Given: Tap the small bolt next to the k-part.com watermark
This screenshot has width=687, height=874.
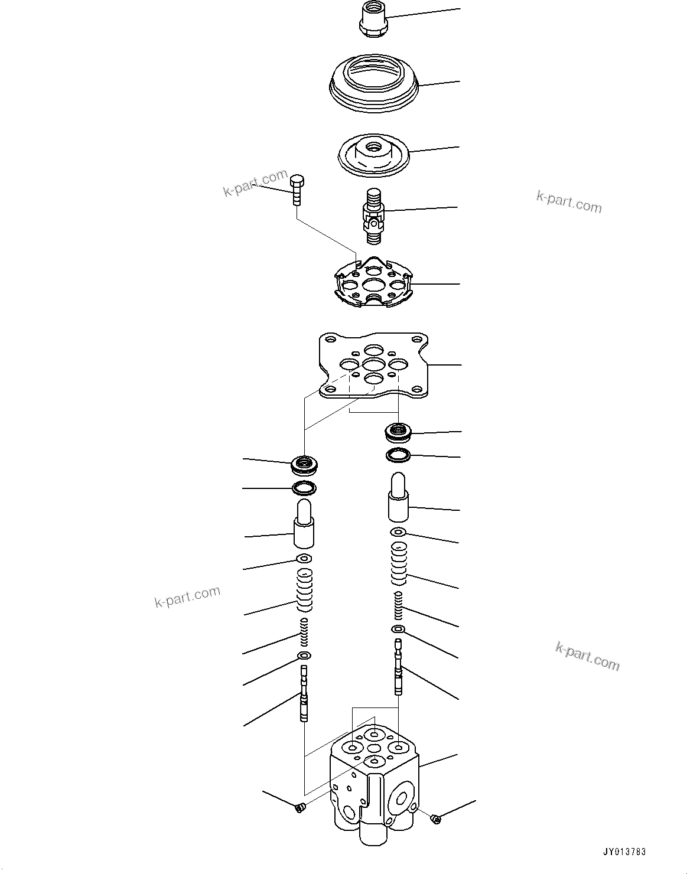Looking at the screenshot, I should [297, 188].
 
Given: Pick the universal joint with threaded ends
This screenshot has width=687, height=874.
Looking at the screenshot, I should [373, 215].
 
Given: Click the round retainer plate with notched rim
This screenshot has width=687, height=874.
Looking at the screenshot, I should [373, 283].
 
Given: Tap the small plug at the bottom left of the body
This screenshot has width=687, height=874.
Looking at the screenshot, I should [299, 807].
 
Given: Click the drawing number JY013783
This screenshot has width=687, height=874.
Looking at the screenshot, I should [624, 852].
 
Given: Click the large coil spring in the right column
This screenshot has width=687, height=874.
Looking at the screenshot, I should [399, 562].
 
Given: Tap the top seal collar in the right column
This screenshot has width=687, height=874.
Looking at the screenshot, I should [399, 432].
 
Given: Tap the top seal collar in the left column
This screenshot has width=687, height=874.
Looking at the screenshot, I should [305, 465].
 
